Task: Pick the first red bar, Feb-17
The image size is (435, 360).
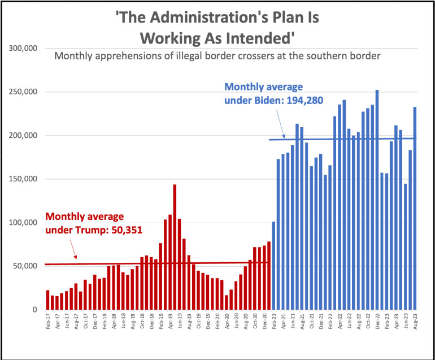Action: [x=47, y=300]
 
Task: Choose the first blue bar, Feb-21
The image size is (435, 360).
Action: [x=274, y=266]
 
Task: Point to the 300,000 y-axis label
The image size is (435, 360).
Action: [x=23, y=49]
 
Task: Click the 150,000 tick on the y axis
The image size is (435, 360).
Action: [x=23, y=179]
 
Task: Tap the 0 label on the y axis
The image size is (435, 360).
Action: [x=34, y=310]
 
